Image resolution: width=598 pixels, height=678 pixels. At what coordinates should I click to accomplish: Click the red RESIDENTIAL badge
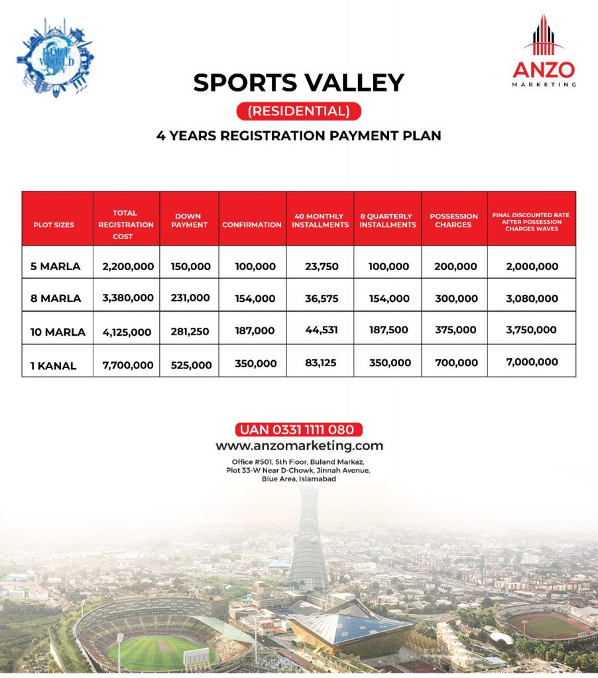coord(298,111)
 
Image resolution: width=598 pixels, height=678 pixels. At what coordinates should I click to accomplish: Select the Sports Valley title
coord(298,83)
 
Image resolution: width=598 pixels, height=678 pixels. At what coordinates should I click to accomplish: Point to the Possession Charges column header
coord(454,220)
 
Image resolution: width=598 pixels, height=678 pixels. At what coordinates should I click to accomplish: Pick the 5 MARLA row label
coord(56,267)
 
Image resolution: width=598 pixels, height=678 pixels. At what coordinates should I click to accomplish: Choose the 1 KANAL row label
coord(53,365)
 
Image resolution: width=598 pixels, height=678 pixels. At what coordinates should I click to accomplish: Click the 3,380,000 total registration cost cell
coord(128,299)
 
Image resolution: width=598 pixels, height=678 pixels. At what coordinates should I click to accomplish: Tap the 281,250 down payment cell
coord(191,331)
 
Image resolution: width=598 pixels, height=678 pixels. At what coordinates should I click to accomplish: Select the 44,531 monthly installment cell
coord(322,330)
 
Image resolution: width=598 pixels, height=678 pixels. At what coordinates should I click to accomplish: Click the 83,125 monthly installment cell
coord(322,363)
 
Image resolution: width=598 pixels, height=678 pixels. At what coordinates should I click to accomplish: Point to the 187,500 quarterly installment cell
coord(388,330)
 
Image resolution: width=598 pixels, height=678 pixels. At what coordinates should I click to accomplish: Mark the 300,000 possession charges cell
coord(455,299)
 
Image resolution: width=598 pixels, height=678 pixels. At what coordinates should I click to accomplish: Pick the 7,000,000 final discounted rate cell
coord(532,362)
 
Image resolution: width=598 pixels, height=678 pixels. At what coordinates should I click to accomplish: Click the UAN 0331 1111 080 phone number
coord(299,430)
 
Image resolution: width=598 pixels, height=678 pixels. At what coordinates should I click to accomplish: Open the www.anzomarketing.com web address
coord(299,446)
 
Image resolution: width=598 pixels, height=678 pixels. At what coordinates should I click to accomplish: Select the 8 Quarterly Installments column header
coord(388,220)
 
